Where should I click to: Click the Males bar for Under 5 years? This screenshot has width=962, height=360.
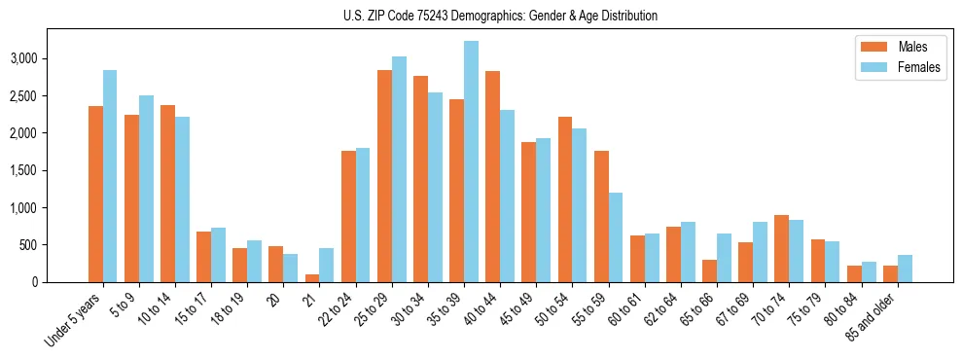coord(95,195)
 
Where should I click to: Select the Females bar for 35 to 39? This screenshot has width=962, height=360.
coord(471,162)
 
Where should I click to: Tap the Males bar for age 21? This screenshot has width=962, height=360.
coord(312,278)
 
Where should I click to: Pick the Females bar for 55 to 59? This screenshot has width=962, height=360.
coord(616,237)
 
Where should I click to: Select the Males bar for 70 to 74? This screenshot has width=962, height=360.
coord(781,248)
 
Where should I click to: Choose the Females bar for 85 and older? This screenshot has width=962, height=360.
coord(905,269)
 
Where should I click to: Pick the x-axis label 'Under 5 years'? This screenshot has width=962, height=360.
coord(74,320)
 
